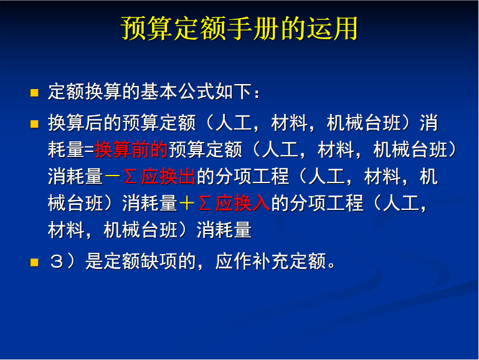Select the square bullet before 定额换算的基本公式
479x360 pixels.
pyautogui.click(x=34, y=93)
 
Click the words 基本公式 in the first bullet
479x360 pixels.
pyautogui.click(x=178, y=92)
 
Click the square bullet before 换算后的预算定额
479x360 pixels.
pyautogui.click(x=34, y=124)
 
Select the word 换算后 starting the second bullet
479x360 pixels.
pyautogui.click(x=75, y=123)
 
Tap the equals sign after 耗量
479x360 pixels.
pyautogui.click(x=89, y=150)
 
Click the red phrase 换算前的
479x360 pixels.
pyautogui.click(x=131, y=150)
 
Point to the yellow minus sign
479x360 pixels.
pyautogui.click(x=112, y=177)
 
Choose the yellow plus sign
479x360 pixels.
pyautogui.click(x=187, y=204)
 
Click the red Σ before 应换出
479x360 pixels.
pyautogui.click(x=131, y=177)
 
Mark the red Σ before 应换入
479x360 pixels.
pyautogui.click(x=206, y=204)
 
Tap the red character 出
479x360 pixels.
pyautogui.click(x=187, y=177)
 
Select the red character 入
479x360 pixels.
pyautogui.click(x=261, y=204)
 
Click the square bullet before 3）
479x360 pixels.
pyautogui.click(x=34, y=263)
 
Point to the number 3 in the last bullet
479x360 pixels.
pyautogui.click(x=57, y=262)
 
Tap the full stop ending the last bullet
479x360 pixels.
pyautogui.click(x=331, y=266)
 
